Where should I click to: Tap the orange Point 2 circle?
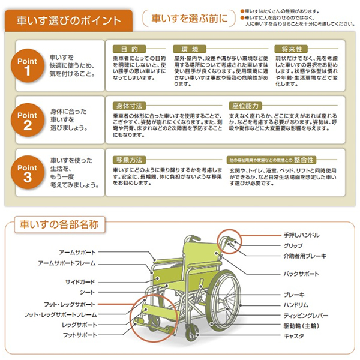click(28, 119)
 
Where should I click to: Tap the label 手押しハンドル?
click(301, 235)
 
